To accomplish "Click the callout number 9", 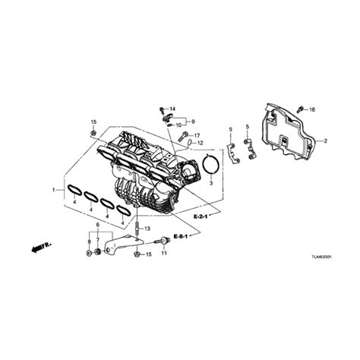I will pyautogui.click(x=191, y=122).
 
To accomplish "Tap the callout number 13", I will pyautogui.click(x=148, y=228).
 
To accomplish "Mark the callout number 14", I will pyautogui.click(x=172, y=109).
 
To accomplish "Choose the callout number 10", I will pyautogui.click(x=178, y=124).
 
